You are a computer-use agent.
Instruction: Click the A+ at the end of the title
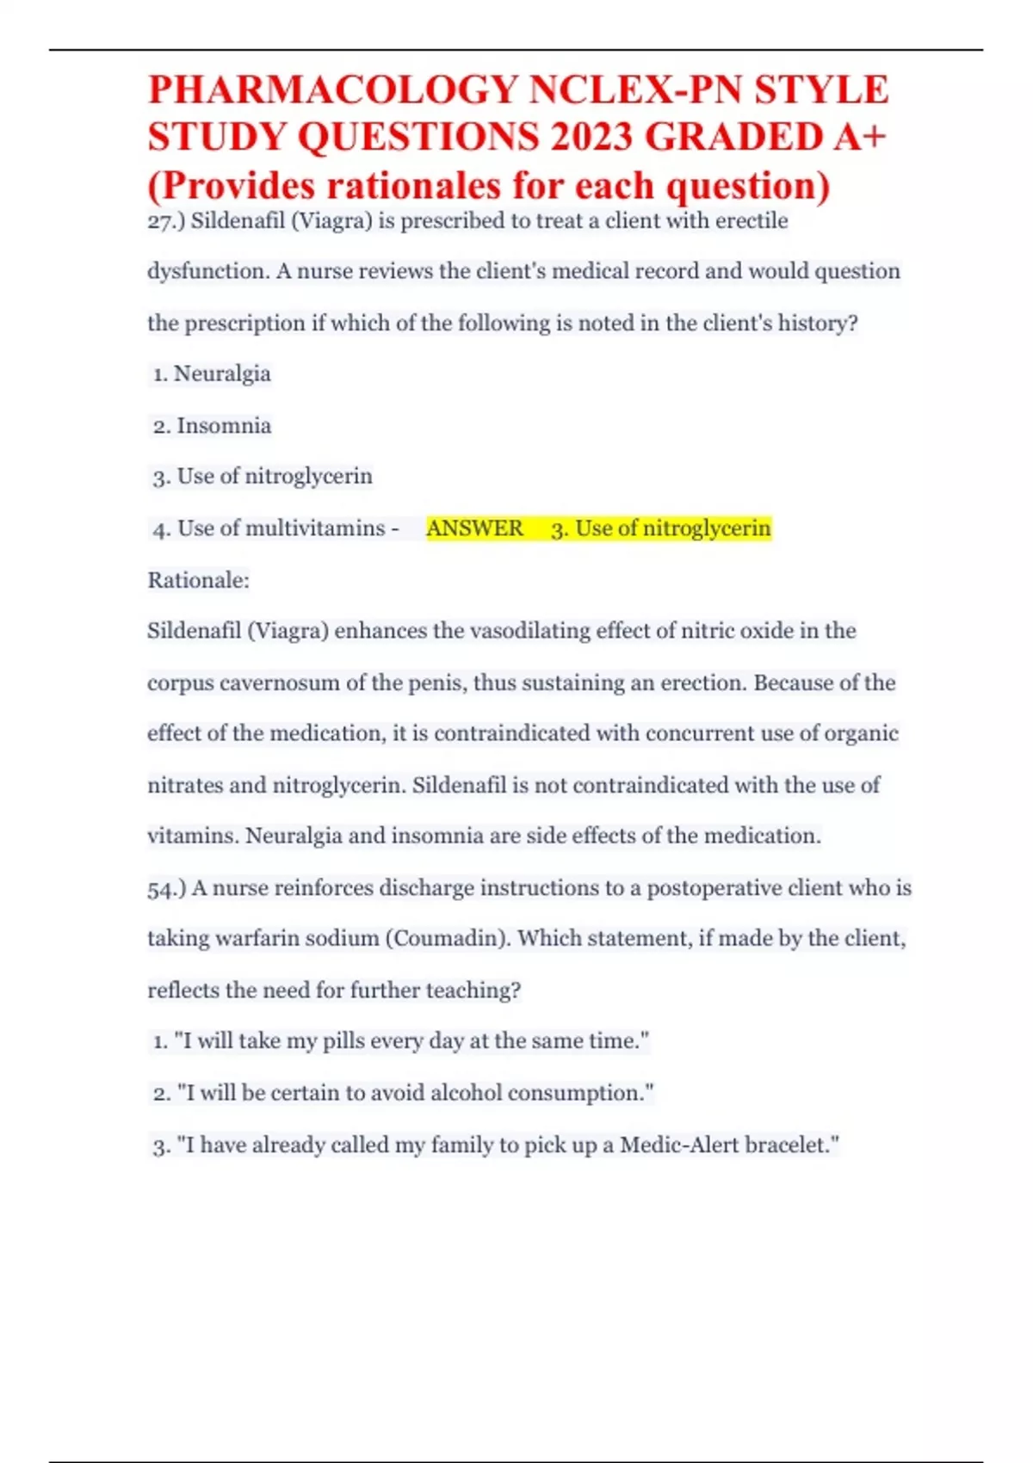pyautogui.click(x=857, y=138)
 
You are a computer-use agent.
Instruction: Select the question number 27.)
pyautogui.click(x=166, y=222)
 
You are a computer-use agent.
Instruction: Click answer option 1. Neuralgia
pyautogui.click(x=212, y=374)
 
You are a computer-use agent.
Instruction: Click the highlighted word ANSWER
pyautogui.click(x=474, y=528)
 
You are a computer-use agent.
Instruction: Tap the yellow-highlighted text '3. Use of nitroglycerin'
pyautogui.click(x=660, y=528)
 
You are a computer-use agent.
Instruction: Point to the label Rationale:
pyautogui.click(x=198, y=580)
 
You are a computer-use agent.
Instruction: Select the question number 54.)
pyautogui.click(x=166, y=889)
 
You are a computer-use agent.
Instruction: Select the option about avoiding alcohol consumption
pyautogui.click(x=404, y=1094)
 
